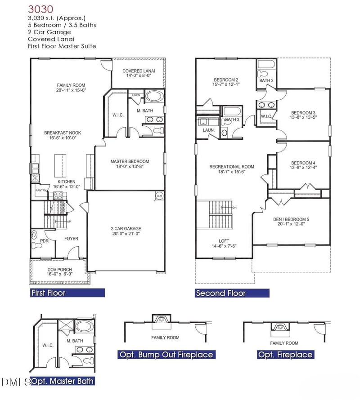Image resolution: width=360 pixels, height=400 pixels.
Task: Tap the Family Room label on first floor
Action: [x=71, y=85]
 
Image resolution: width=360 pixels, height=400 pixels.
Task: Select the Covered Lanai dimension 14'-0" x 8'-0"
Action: [x=139, y=76]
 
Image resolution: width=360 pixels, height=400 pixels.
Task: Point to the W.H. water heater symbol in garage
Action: [x=159, y=196]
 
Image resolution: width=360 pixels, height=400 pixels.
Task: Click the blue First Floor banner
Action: [x=67, y=293]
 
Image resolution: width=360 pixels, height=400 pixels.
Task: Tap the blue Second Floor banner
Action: [x=232, y=293]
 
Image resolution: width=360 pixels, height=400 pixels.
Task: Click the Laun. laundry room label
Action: [x=208, y=130]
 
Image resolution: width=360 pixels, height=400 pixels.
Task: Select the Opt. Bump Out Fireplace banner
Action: [x=166, y=355]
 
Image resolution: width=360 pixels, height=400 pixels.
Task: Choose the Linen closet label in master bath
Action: [x=135, y=95]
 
